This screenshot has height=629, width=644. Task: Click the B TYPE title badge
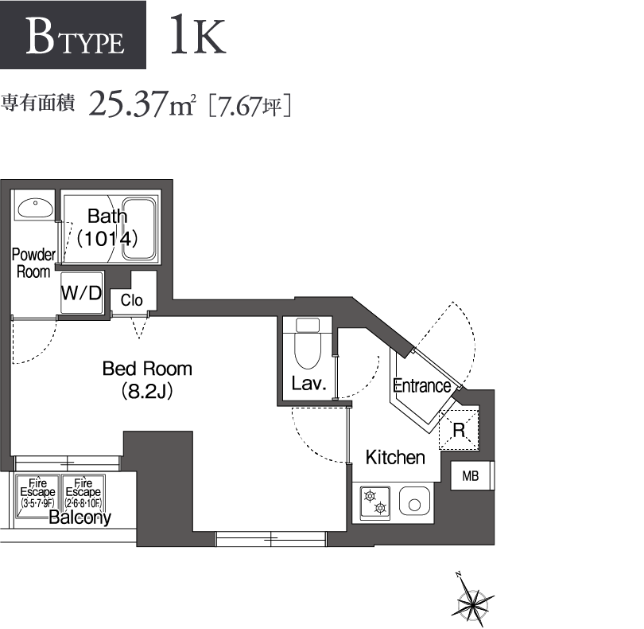pyautogui.click(x=74, y=37)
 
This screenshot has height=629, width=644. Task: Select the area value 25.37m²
pyautogui.click(x=142, y=104)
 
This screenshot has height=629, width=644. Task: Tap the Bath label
pyautogui.click(x=107, y=216)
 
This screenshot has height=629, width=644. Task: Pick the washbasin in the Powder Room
pyautogui.click(x=34, y=208)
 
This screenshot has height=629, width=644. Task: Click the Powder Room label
pyautogui.click(x=33, y=263)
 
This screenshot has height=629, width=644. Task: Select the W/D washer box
pyautogui.click(x=82, y=293)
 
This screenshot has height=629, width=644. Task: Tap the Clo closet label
pyautogui.click(x=132, y=300)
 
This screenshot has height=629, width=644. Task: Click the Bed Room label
pyautogui.click(x=147, y=369)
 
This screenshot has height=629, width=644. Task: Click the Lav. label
pyautogui.click(x=308, y=384)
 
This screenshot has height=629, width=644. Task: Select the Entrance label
pyautogui.click(x=422, y=386)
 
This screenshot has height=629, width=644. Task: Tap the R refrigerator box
pyautogui.click(x=460, y=429)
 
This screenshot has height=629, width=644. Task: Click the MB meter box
pyautogui.click(x=471, y=477)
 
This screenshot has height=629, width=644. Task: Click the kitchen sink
pyautogui.click(x=414, y=502)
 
